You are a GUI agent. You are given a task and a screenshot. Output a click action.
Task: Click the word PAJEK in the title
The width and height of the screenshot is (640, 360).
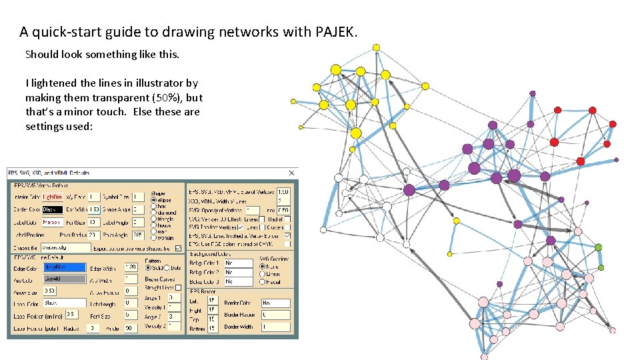331,31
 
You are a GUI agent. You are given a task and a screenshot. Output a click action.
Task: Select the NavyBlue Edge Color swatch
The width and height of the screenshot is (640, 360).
65,267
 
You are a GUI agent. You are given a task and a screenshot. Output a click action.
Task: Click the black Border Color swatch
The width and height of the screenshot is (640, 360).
53,209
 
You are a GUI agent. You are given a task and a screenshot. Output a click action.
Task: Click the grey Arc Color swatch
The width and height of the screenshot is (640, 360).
65,279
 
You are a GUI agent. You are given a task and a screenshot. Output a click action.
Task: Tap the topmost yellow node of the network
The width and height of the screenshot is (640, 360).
376,47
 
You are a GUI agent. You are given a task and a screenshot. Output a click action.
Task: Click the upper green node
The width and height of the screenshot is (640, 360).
599,248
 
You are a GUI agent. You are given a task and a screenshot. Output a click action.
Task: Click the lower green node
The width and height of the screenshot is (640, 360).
601,267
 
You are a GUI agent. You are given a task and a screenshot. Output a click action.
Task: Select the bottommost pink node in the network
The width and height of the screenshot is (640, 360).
485,354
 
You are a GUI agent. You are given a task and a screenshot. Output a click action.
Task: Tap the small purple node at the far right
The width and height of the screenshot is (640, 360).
616,159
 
